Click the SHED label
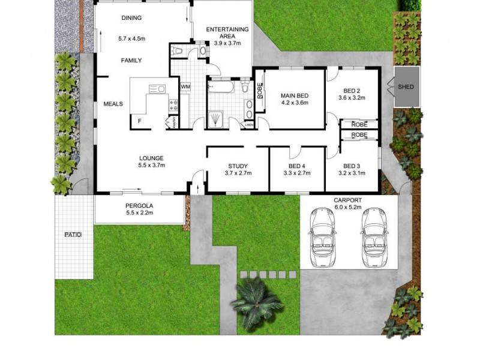pyautogui.click(x=406, y=88)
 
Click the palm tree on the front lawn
pyautogui.click(x=257, y=299)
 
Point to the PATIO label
pyautogui.click(x=73, y=235)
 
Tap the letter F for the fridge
pyautogui.click(x=140, y=121)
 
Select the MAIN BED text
pyautogui.click(x=295, y=96)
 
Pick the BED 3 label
pyautogui.click(x=352, y=166)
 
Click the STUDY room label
pyautogui.click(x=238, y=166)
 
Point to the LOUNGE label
pyautogui.click(x=151, y=158)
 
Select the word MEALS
pyautogui.click(x=113, y=104)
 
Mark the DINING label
pyautogui.click(x=131, y=18)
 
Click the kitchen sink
pyautogui.click(x=157, y=89)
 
